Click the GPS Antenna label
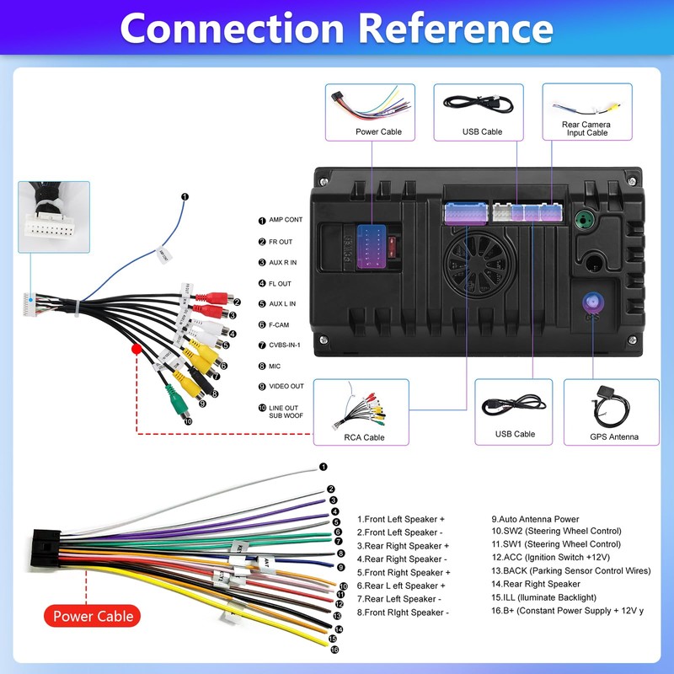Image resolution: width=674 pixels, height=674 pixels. pyautogui.click(x=614, y=437)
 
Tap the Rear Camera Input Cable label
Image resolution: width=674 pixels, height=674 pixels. pyautogui.click(x=586, y=128)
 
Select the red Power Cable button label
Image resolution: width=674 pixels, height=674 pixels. pyautogui.click(x=93, y=616)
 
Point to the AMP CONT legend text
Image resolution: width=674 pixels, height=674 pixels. pyautogui.click(x=286, y=220)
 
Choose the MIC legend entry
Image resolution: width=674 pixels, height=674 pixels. pyautogui.click(x=275, y=366)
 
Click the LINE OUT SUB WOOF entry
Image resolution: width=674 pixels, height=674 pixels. pyautogui.click(x=284, y=412)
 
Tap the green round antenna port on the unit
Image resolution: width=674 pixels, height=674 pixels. pyautogui.click(x=581, y=222)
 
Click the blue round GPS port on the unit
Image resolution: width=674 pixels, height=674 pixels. pyautogui.click(x=589, y=302)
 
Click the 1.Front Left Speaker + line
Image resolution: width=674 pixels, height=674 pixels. pyautogui.click(x=400, y=519)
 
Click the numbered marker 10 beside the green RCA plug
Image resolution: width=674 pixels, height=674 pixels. pyautogui.click(x=188, y=421)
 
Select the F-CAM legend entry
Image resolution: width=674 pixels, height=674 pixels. pyautogui.click(x=279, y=324)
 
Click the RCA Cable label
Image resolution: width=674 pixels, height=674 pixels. pyautogui.click(x=364, y=437)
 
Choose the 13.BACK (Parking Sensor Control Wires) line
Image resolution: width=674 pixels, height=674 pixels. pyautogui.click(x=571, y=570)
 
